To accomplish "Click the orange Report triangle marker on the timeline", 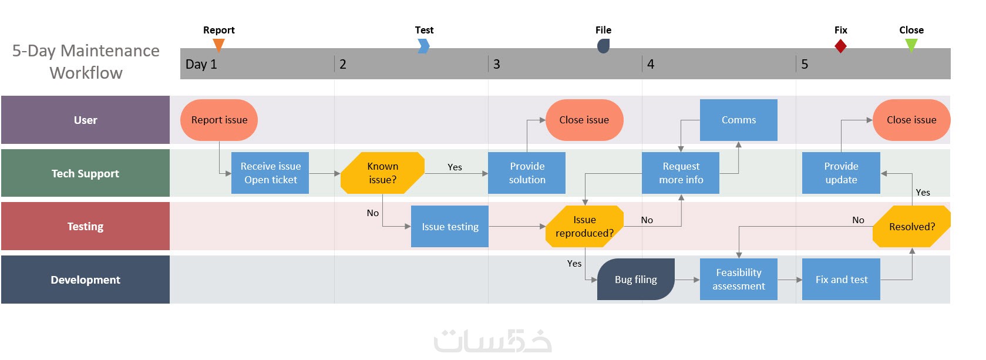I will coord(218,45).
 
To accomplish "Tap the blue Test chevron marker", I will coord(423,46).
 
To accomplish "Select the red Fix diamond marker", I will coord(840,46).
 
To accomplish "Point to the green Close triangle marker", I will coord(911,45).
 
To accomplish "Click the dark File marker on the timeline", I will coord(603,46).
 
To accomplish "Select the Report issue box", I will coord(219,120).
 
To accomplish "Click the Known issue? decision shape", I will coord(382,173).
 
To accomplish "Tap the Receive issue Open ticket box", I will coord(270,173).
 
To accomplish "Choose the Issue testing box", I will coord(450,227).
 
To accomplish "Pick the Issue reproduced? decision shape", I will coord(584,227).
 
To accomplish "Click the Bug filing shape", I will coord(635,280).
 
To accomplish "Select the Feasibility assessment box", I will coord(738,280).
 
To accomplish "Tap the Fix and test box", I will coord(841,280).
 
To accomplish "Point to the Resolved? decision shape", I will coord(911,227).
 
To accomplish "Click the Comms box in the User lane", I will coord(738,120).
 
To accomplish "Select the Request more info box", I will coord(681,173).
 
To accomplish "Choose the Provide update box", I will coord(841,173).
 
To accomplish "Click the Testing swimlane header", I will coord(85,227).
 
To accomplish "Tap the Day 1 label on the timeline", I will coord(201,64).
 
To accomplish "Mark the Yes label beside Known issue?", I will coord(455,167).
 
